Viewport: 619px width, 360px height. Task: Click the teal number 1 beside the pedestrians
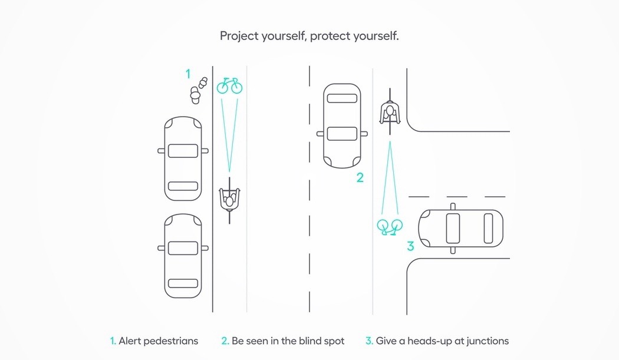(x=188, y=74)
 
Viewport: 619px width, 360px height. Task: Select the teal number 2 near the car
(x=360, y=177)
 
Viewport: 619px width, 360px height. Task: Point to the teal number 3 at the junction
(x=410, y=246)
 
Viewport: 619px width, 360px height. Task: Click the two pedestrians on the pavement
(x=199, y=90)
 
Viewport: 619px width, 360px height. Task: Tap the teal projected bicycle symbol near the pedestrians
(x=229, y=86)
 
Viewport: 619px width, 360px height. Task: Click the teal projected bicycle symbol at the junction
(x=390, y=226)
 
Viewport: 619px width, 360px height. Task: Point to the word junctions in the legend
(x=485, y=341)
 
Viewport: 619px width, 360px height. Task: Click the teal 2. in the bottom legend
(x=225, y=341)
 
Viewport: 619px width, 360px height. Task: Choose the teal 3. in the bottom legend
(x=369, y=341)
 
